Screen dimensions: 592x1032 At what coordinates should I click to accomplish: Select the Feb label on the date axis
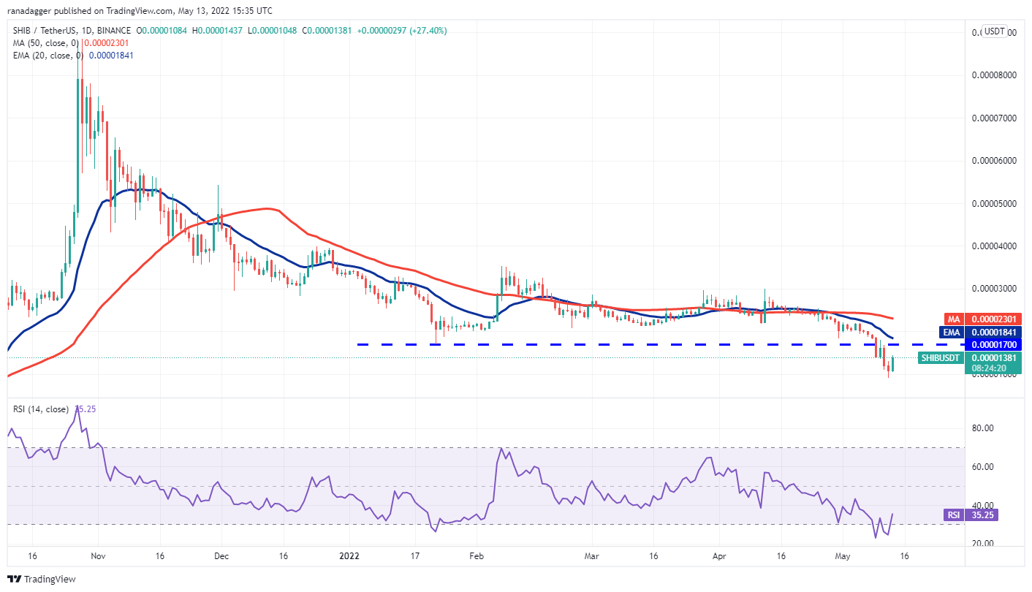tap(476, 555)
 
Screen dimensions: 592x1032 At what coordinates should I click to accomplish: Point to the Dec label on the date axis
tap(222, 555)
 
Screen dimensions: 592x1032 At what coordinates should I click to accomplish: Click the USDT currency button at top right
tap(994, 31)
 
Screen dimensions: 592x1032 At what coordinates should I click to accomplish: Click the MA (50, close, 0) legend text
tap(44, 43)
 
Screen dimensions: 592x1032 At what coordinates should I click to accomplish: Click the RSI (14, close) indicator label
tap(41, 409)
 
